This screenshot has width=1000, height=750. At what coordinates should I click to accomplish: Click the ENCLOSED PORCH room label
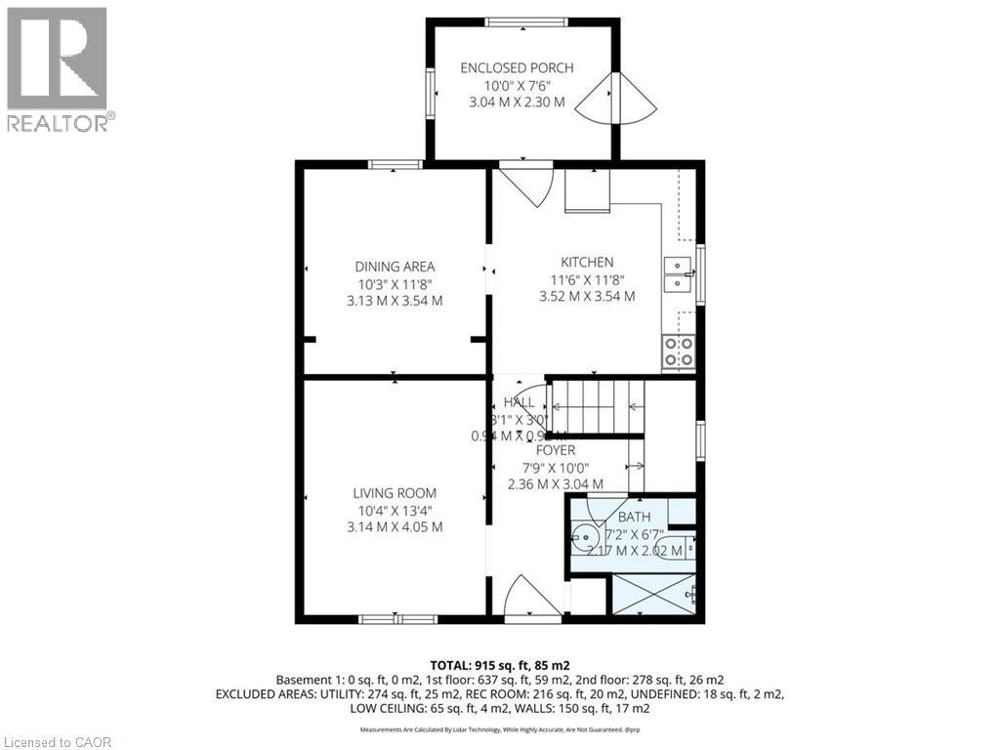pos(517,67)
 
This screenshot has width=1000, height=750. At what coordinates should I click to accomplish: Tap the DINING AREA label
pos(395,266)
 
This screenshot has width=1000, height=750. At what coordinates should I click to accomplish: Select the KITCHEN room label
pos(587,262)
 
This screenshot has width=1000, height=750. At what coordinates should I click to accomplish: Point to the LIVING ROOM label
pos(395,493)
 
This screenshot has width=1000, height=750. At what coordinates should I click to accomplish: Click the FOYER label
pos(555,450)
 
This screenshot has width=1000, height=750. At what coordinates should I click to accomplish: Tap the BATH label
pos(634,517)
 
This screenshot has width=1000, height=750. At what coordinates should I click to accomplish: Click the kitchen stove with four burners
pos(679,352)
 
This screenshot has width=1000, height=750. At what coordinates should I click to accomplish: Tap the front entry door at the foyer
pos(531,599)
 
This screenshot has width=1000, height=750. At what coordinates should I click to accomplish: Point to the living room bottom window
pos(397,618)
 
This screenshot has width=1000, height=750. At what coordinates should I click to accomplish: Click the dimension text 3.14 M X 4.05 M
pos(395,526)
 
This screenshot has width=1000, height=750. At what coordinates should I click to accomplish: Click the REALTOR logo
pos(58,68)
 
